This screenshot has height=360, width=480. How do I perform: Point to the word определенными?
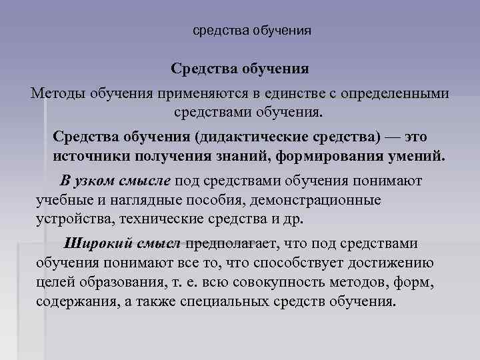pos(387,93)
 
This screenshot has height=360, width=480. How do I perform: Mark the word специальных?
pos(227,301)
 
